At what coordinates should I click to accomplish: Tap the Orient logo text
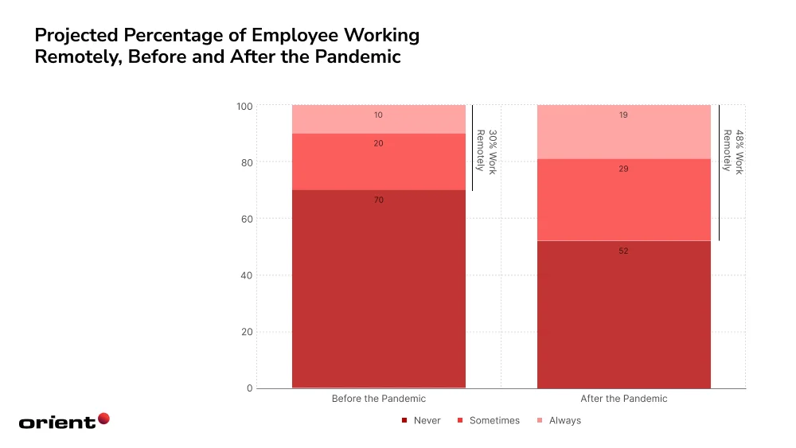[x=57, y=423]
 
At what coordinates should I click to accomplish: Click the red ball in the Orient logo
[x=103, y=419]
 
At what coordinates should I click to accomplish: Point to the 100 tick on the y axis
[x=244, y=107]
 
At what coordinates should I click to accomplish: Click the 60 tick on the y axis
[x=247, y=219]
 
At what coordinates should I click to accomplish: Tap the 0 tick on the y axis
[x=249, y=388]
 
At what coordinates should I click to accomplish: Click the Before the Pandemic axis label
[x=378, y=399]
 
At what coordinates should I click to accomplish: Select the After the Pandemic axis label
[x=624, y=399]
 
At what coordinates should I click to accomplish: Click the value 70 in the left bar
[x=378, y=200]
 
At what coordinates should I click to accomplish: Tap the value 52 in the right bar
[x=624, y=251]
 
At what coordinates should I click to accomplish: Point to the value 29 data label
[x=624, y=169]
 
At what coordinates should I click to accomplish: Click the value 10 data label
[x=378, y=115]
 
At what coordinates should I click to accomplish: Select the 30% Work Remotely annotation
[x=486, y=150]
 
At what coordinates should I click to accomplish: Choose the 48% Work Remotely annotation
[x=732, y=152]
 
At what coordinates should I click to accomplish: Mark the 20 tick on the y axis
[x=247, y=332]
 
